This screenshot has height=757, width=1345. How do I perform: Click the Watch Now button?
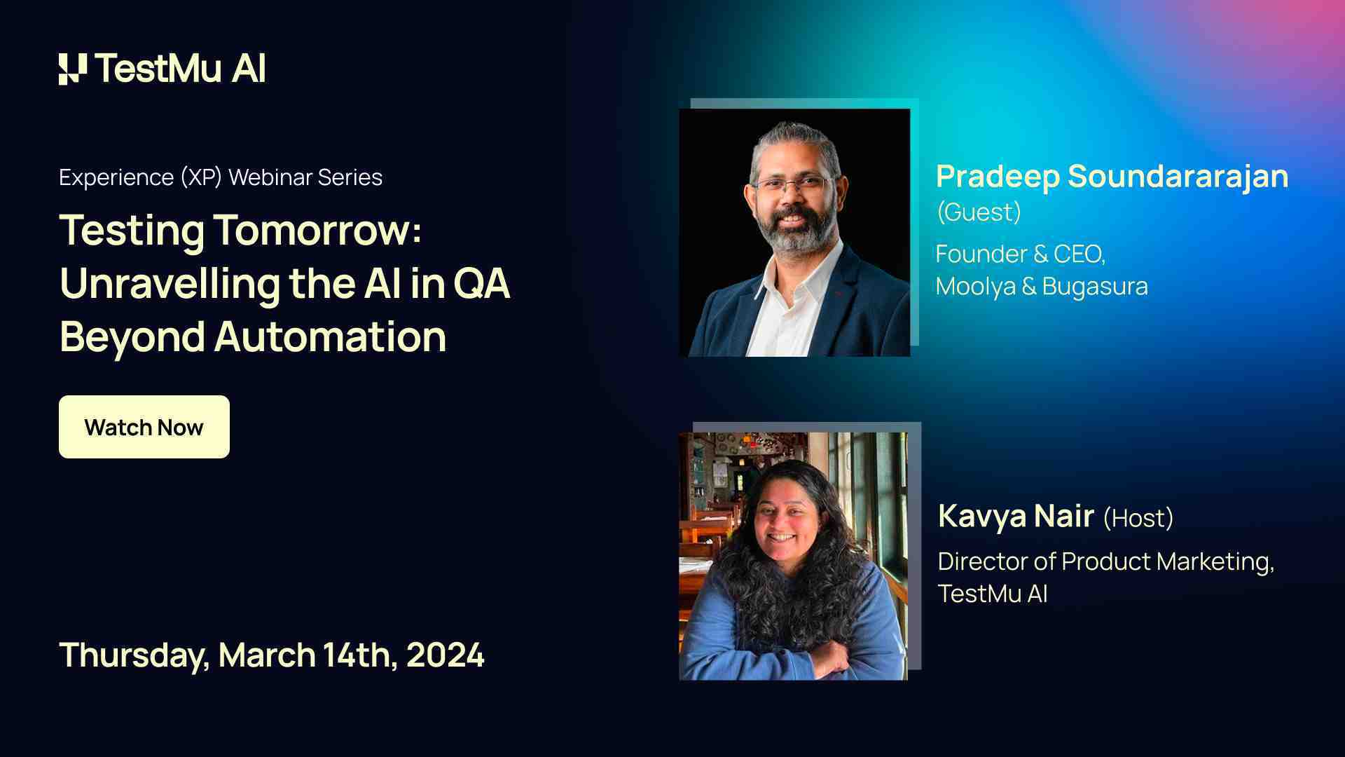[x=144, y=427]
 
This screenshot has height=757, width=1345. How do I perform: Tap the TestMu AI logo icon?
[x=73, y=69]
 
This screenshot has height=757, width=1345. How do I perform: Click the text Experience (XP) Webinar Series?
[x=221, y=177]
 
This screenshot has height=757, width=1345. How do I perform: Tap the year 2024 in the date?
[x=445, y=655]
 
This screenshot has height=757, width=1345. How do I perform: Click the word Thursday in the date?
[x=133, y=655]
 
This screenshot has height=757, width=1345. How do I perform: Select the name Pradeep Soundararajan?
[x=1112, y=176]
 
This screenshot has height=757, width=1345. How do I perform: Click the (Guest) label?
[x=979, y=212]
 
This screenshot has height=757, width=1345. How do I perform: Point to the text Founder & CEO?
[x=1020, y=254]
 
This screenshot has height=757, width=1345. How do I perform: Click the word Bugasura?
[x=1095, y=286]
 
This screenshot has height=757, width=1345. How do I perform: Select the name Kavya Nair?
[x=1016, y=517]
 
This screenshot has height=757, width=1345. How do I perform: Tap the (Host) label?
[x=1138, y=518]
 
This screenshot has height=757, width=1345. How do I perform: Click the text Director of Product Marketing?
[x=1105, y=561]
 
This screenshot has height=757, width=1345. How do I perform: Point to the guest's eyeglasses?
[x=792, y=186]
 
